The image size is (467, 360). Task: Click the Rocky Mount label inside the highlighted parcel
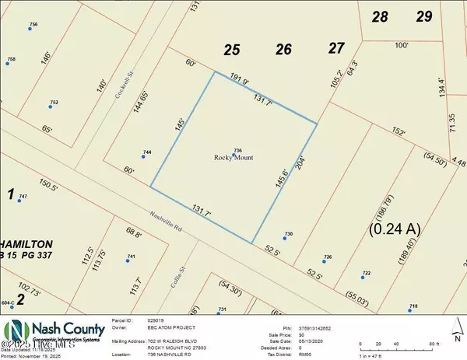tap(235, 159)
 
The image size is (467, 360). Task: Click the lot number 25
tap(231, 51)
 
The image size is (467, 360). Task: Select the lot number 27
tap(335, 48)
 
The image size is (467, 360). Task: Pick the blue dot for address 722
tap(361, 275)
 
